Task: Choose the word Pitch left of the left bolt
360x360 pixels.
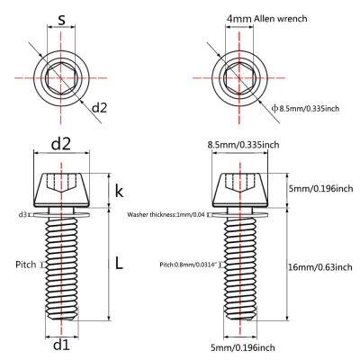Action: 25,265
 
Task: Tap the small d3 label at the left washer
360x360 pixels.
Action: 22,214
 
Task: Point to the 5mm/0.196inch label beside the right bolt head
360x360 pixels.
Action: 315,189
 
